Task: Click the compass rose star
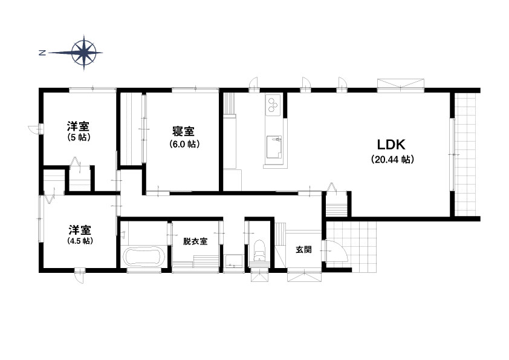84,52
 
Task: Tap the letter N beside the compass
42,53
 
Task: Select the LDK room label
391,145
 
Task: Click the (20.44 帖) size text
392,160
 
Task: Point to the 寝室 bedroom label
183,131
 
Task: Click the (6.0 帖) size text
184,144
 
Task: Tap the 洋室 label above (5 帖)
78,126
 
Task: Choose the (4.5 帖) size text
80,241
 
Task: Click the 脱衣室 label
195,241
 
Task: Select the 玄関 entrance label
304,249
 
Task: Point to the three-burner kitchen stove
273,104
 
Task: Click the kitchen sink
274,147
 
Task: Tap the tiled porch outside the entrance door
351,247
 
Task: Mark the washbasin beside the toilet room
233,261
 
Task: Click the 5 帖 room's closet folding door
76,162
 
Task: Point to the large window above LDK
401,84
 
